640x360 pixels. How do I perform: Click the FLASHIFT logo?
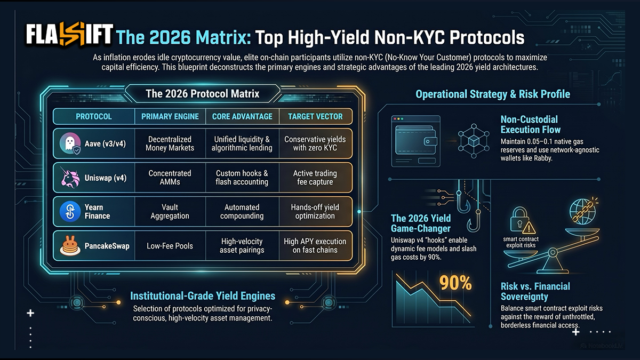pyautogui.click(x=69, y=34)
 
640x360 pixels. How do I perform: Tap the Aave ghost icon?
pyautogui.click(x=70, y=143)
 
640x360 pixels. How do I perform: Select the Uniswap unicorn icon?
pyautogui.click(x=70, y=178)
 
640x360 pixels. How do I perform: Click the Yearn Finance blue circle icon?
pyautogui.click(x=70, y=211)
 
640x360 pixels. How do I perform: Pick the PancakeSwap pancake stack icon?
pyautogui.click(x=70, y=245)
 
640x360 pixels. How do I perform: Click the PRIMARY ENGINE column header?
pyautogui.click(x=170, y=117)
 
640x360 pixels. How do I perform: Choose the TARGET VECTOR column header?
pyautogui.click(x=315, y=117)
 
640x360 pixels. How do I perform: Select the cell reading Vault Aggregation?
pyautogui.click(x=170, y=211)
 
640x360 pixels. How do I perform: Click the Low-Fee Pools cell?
pyautogui.click(x=170, y=246)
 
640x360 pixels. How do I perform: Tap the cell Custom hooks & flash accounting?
pyautogui.click(x=242, y=178)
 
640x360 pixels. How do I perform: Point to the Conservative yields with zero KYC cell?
pyautogui.click(x=315, y=143)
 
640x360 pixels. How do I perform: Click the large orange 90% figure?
pyautogui.click(x=455, y=283)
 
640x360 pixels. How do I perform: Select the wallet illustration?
pyautogui.click(x=415, y=141)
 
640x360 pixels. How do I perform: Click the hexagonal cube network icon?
pyautogui.click(x=474, y=141)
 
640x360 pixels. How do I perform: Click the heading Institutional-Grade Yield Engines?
pyautogui.click(x=203, y=296)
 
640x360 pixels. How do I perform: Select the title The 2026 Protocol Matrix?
pyautogui.click(x=202, y=94)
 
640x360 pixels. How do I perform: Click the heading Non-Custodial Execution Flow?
pyautogui.click(x=531, y=125)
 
